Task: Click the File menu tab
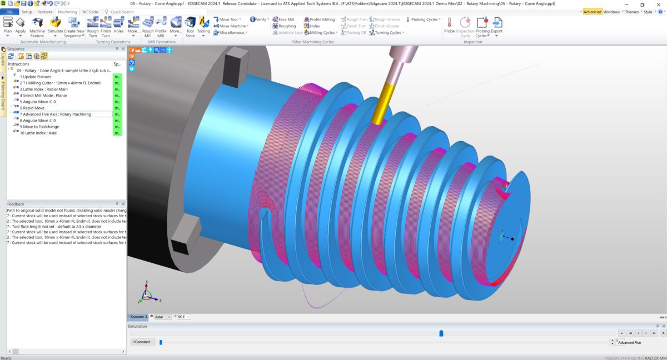coord(9,12)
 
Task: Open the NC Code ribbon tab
coord(90,12)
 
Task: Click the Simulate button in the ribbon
coord(55,26)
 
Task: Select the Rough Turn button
coord(93,26)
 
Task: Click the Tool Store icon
coord(190,26)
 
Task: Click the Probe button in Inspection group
coord(449,25)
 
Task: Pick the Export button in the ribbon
coord(496,25)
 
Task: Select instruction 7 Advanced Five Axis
coord(55,114)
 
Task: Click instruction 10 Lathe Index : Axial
coord(38,133)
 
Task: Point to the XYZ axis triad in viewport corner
coord(145,295)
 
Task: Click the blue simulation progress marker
coord(441,333)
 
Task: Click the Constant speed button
coord(142,342)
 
